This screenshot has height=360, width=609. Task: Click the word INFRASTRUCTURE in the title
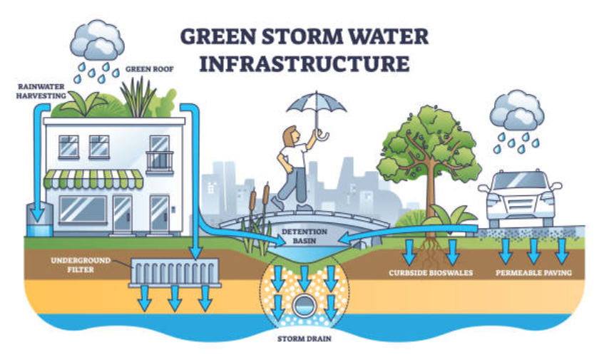(304, 64)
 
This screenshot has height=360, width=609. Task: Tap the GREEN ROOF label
(149, 70)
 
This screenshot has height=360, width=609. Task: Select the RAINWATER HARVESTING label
(41, 91)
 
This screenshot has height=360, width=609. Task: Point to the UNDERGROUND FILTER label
(81, 265)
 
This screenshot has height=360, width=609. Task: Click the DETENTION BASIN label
(304, 236)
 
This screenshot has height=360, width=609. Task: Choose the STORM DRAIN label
(304, 339)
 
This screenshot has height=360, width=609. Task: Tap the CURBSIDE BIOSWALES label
(431, 272)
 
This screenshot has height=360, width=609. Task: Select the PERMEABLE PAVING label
(533, 272)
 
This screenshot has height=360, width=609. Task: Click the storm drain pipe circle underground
(304, 305)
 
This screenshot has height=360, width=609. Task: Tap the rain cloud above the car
(516, 110)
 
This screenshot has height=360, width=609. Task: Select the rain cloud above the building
(97, 40)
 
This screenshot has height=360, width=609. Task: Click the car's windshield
(520, 180)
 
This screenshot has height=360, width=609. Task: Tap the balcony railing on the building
(160, 163)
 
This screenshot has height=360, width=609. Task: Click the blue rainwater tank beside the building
(40, 220)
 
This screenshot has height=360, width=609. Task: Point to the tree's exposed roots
(430, 252)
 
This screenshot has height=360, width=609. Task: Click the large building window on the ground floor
(83, 210)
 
